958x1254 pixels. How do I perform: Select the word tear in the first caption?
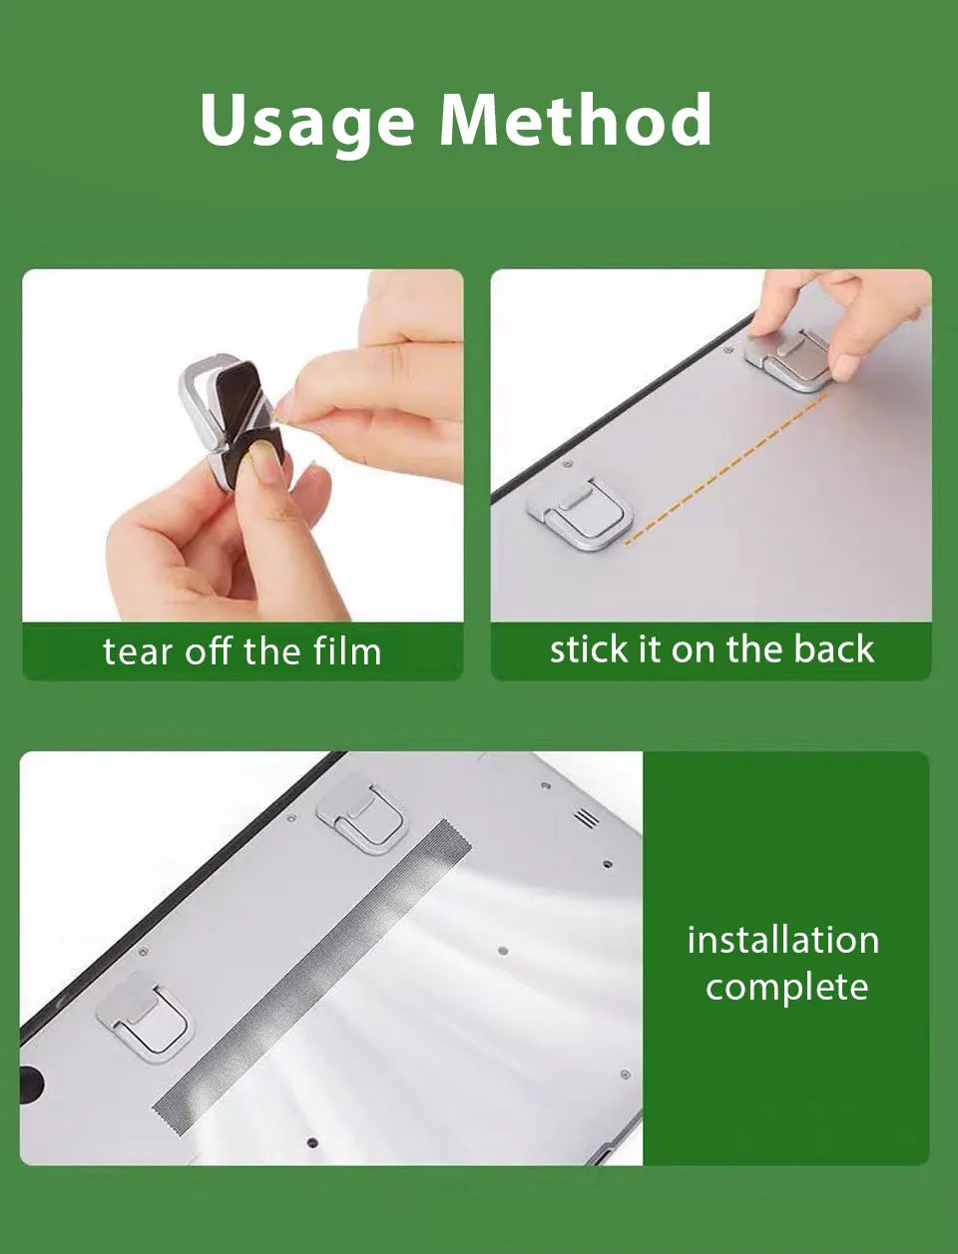point(136,651)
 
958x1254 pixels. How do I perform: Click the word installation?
point(783,940)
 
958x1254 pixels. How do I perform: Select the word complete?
point(786,988)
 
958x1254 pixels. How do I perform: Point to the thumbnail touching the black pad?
point(264,463)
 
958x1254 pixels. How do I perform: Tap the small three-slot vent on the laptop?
point(587,818)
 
